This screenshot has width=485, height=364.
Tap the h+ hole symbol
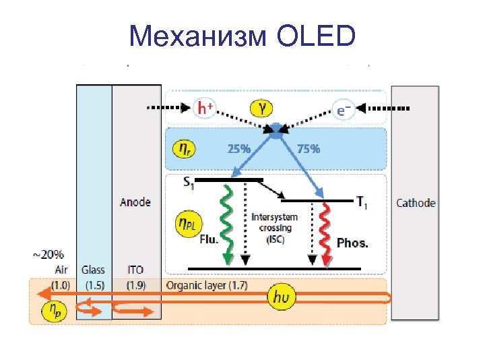(x=207, y=108)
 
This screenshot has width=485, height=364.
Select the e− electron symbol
(x=344, y=109)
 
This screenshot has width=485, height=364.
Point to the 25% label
(x=238, y=149)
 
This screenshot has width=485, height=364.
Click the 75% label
(x=309, y=149)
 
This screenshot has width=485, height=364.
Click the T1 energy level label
(x=362, y=200)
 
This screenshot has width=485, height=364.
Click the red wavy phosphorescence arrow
(x=327, y=233)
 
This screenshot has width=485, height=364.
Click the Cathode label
(x=415, y=202)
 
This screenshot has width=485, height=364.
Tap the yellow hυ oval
(x=281, y=297)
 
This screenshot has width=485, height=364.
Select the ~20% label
(x=48, y=255)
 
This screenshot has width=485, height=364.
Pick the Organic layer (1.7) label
(x=207, y=285)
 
